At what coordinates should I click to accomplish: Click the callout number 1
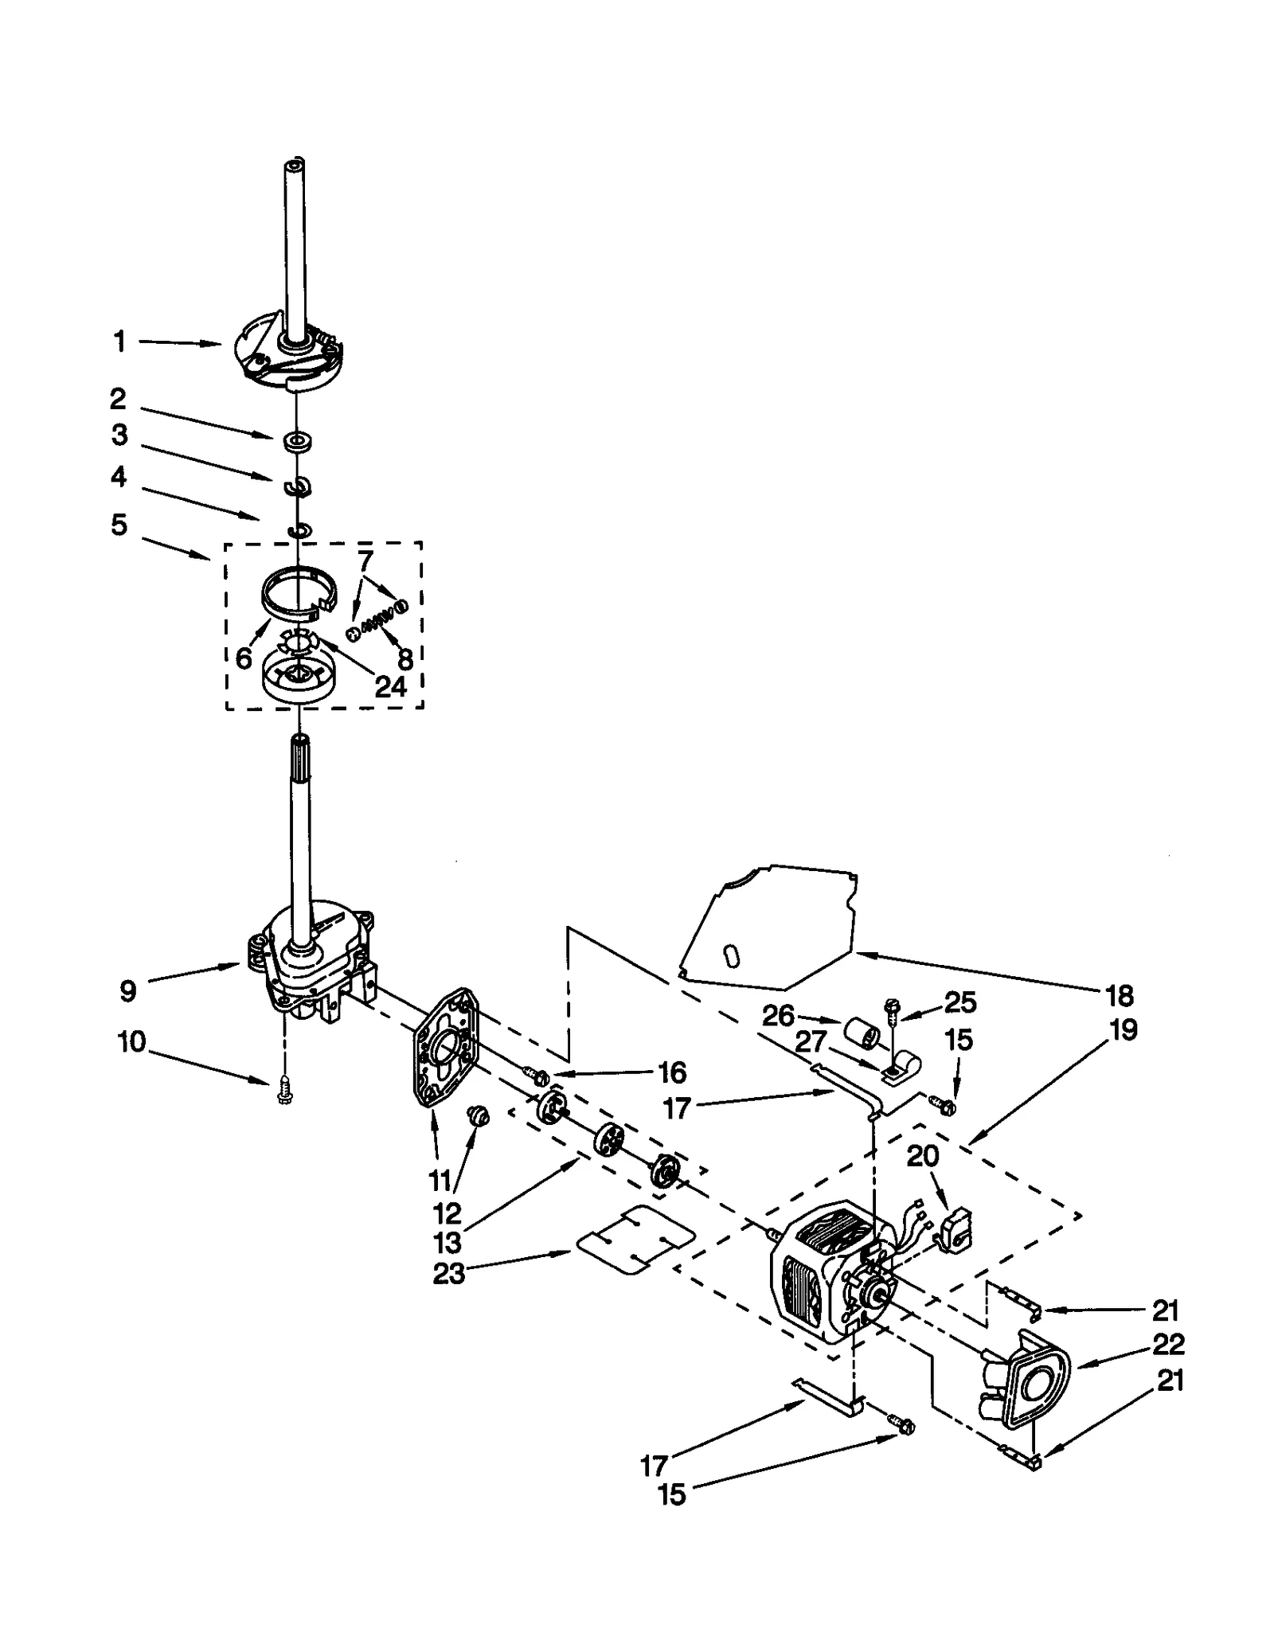(x=119, y=342)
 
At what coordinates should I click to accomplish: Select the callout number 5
(x=119, y=525)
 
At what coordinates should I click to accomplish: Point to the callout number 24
(x=390, y=685)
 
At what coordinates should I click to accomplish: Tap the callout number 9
(x=127, y=991)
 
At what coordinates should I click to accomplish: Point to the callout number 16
(x=672, y=1072)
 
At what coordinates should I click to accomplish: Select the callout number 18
(x=1119, y=995)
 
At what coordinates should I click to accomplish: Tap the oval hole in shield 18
(x=733, y=955)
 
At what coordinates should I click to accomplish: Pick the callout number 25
(x=959, y=1002)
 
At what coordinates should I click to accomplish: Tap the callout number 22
(x=1168, y=1344)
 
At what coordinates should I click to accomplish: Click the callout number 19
(x=1123, y=1030)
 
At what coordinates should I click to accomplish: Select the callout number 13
(x=447, y=1242)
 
